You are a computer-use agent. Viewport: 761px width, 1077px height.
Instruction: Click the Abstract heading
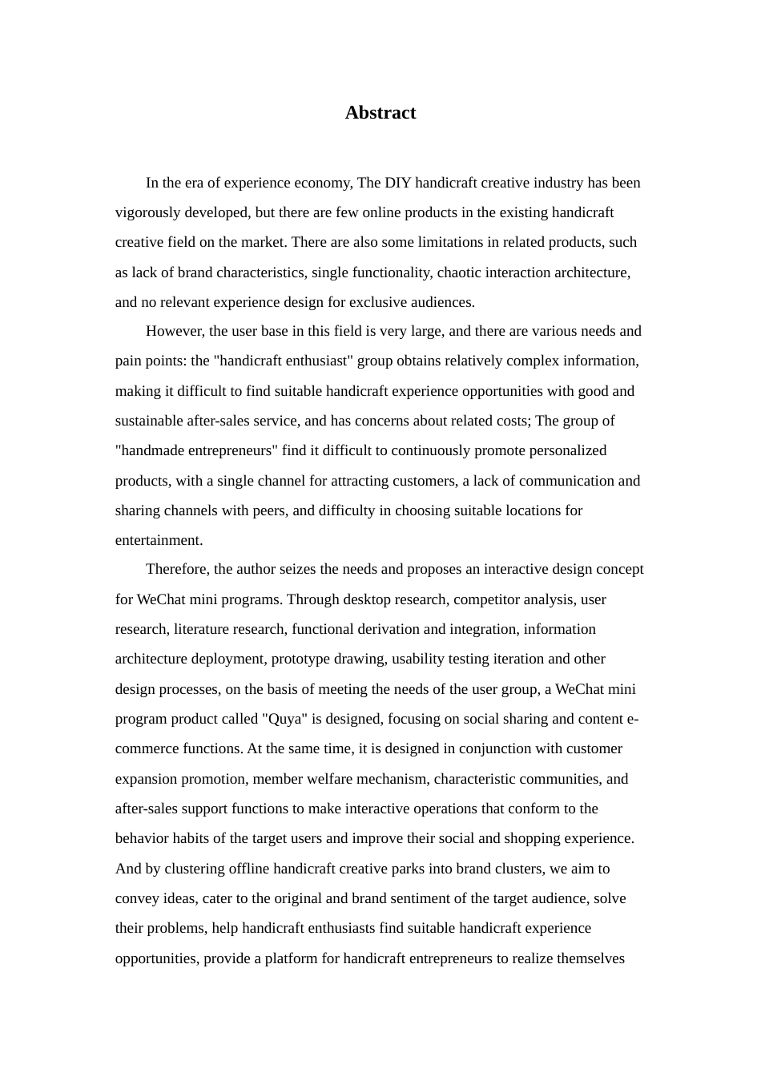click(x=380, y=113)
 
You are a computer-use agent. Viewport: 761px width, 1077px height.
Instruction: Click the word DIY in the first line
click(x=398, y=183)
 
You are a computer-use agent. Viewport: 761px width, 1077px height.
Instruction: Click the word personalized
click(x=566, y=450)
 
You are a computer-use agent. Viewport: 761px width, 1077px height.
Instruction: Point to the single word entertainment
click(x=159, y=540)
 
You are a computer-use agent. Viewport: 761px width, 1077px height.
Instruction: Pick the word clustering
click(x=179, y=869)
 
